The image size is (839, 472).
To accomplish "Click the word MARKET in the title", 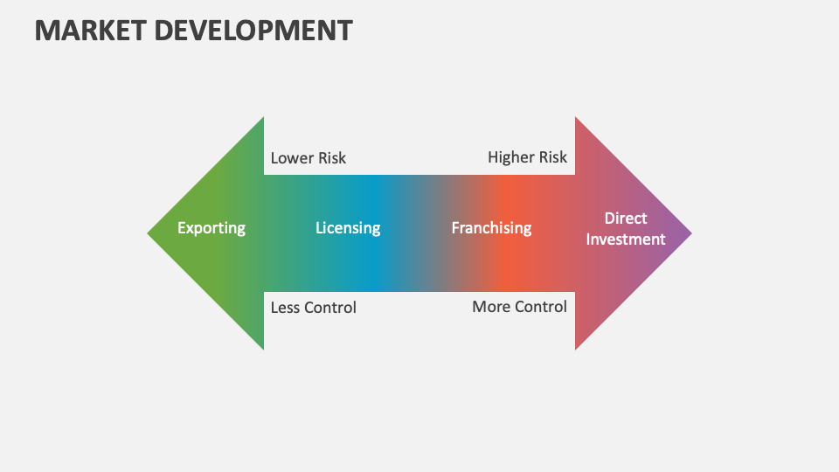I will pos(88,30).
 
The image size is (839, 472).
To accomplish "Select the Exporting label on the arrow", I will pos(211,228).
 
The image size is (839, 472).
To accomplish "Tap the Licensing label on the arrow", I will pos(348,228).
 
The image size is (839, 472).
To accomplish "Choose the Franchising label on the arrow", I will pos(491,228).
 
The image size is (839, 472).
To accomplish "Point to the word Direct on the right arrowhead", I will pos(626,218).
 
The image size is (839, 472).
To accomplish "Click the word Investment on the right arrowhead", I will pos(626,239).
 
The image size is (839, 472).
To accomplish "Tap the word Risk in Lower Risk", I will pos(332,158).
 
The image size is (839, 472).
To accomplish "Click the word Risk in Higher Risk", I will pos(553,157).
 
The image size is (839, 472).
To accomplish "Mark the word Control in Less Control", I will pos(331,308).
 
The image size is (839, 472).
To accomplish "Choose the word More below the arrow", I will pos(491,307).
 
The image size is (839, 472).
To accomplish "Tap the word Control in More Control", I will pos(542,307).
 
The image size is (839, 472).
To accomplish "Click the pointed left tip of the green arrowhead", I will pos(149,233).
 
